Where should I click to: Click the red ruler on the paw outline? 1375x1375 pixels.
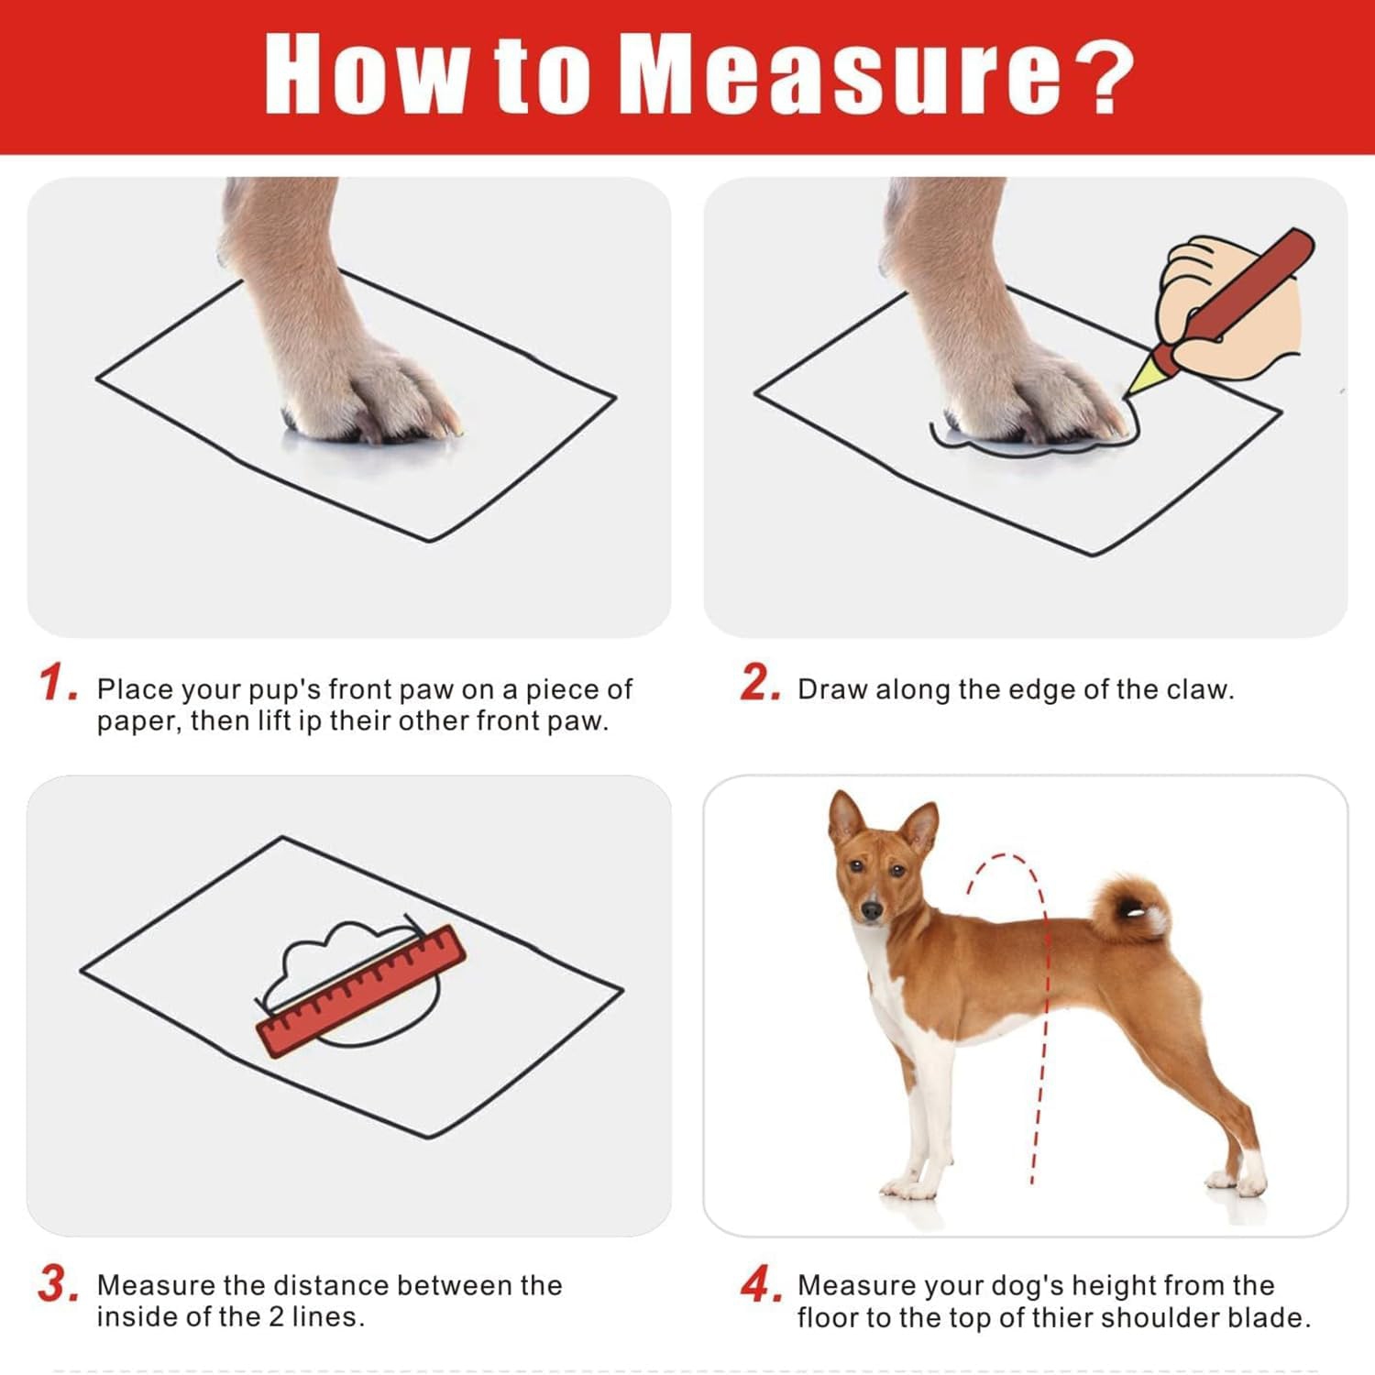tap(360, 991)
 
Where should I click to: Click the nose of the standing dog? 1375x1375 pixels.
tap(871, 911)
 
